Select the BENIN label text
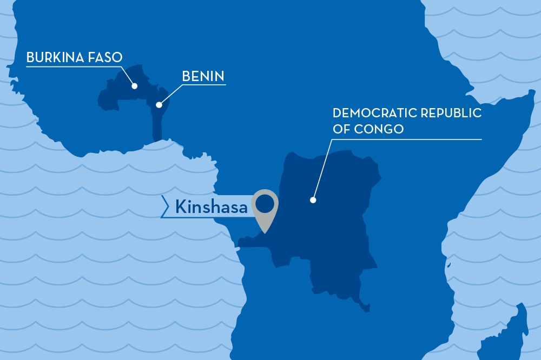(x=203, y=77)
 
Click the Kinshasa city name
(x=211, y=206)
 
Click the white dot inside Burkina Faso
(x=134, y=86)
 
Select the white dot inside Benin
(x=159, y=105)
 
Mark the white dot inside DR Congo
(x=313, y=200)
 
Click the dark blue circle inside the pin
(x=265, y=203)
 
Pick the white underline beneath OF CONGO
(x=406, y=139)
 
